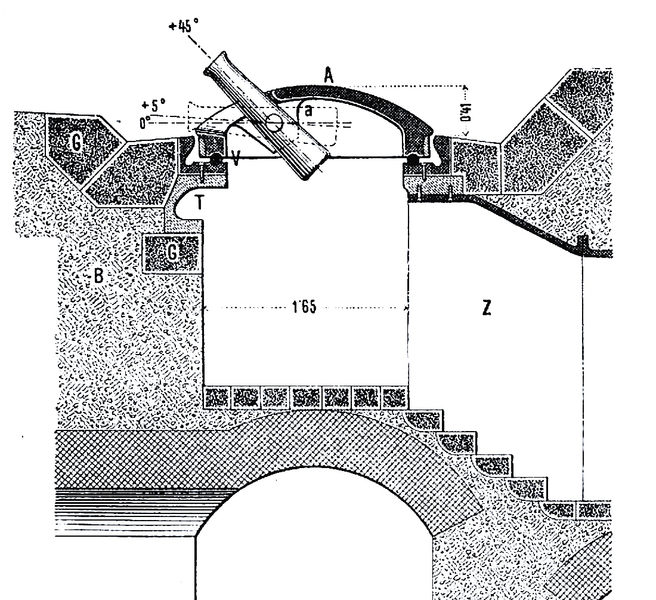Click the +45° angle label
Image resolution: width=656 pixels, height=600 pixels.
pos(184,26)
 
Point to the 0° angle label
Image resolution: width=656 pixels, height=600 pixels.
pos(145,122)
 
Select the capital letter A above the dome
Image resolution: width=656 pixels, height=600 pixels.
pos(329,76)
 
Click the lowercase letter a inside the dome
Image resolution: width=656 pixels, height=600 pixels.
pos(309,110)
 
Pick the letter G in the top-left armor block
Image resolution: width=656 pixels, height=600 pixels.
pos(76,143)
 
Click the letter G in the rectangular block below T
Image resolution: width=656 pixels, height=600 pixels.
pos(172,253)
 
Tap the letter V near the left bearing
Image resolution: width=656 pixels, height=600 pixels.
pos(236,159)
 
